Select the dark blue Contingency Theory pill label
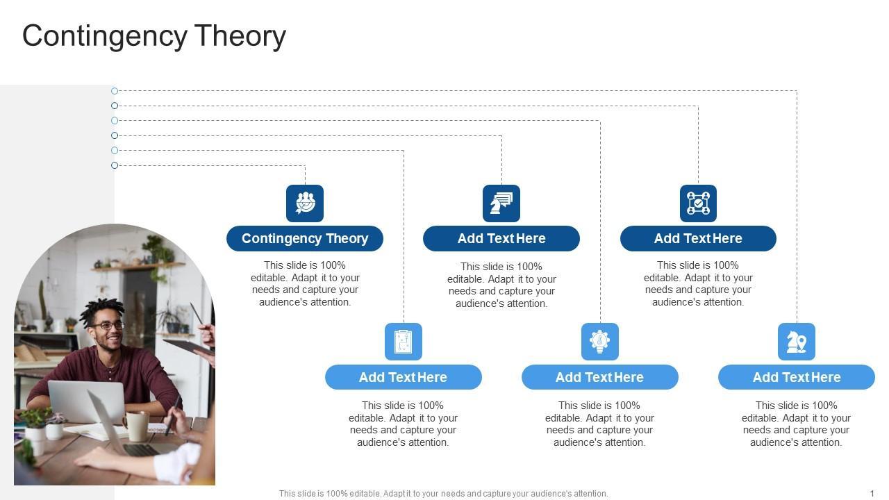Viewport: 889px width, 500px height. pyautogui.click(x=305, y=238)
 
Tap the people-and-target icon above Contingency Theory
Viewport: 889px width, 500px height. pyautogui.click(x=305, y=203)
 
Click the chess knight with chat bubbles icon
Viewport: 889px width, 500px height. pyautogui.click(x=501, y=203)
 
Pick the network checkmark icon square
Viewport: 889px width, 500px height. pyautogui.click(x=698, y=203)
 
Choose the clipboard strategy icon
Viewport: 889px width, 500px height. pyautogui.click(x=404, y=342)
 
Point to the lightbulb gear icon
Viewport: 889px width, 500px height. pyautogui.click(x=599, y=342)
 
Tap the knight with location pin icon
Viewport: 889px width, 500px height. pyautogui.click(x=797, y=342)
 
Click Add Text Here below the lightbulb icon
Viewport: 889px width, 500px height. pyautogui.click(x=599, y=377)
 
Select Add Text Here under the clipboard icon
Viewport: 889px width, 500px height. pyautogui.click(x=404, y=377)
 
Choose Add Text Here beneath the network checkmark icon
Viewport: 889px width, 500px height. pyautogui.click(x=698, y=238)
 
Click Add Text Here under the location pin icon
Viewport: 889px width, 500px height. pyautogui.click(x=797, y=377)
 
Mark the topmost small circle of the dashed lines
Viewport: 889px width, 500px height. pyautogui.click(x=115, y=91)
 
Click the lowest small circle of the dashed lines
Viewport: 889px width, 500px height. pyautogui.click(x=115, y=165)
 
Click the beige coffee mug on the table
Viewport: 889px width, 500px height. pyautogui.click(x=136, y=426)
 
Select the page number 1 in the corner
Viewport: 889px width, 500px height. pyautogui.click(x=872, y=493)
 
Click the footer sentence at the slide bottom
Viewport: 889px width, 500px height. pyautogui.click(x=443, y=493)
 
